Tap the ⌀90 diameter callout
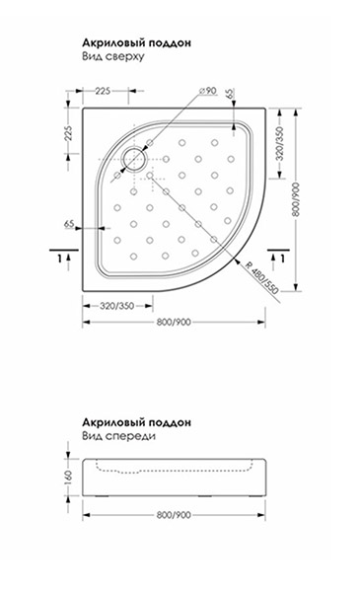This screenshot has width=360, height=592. (x=207, y=91)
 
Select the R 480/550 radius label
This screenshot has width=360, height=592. (x=261, y=276)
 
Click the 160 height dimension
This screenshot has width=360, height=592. (x=68, y=478)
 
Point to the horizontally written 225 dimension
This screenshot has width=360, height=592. (x=103, y=91)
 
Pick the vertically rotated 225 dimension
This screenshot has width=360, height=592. (x=68, y=133)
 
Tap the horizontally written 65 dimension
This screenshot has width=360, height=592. (x=69, y=224)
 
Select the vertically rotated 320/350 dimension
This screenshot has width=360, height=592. (x=280, y=144)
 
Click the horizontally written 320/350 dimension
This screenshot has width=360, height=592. (x=116, y=306)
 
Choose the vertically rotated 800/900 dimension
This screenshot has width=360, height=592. (x=296, y=199)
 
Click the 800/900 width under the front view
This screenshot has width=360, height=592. (x=174, y=515)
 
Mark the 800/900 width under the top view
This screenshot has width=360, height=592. (x=174, y=322)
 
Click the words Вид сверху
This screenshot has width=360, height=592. (x=113, y=56)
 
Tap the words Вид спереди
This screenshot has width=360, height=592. (x=119, y=436)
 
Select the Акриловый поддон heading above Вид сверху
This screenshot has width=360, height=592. (x=137, y=42)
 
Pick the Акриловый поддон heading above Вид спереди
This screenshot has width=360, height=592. (x=137, y=422)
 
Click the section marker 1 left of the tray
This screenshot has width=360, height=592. (x=59, y=259)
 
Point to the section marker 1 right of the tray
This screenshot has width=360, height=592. (x=282, y=259)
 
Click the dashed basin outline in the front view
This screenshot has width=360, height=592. (x=174, y=470)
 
